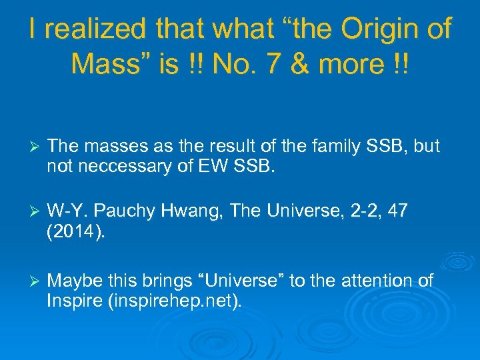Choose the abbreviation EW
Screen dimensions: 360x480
pos(211,165)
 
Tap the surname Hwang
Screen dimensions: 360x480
pos(199,211)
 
